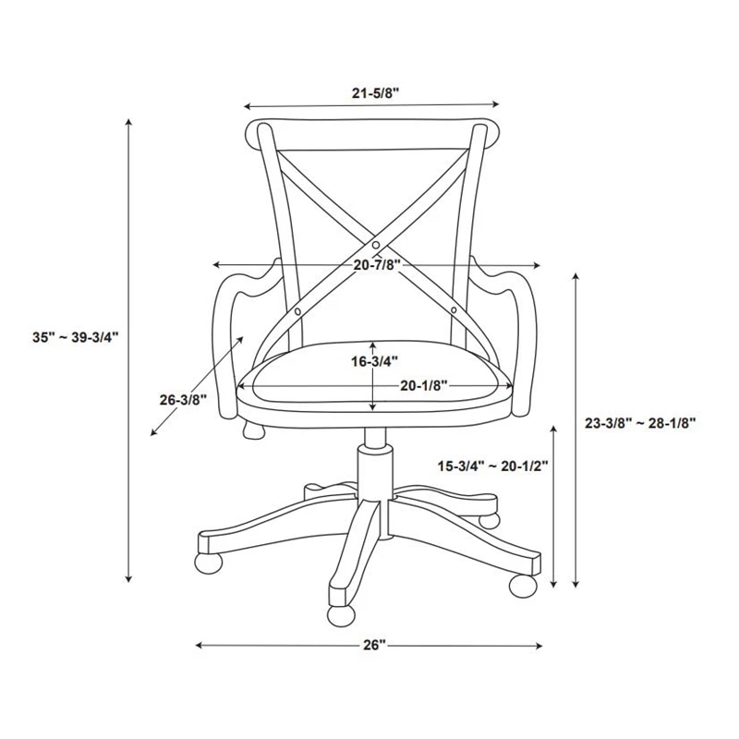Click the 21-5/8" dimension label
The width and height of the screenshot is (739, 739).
(x=376, y=93)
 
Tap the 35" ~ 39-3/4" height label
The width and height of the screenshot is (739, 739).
(x=76, y=337)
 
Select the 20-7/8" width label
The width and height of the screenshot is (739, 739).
(x=377, y=265)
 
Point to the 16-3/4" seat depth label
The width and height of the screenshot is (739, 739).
(x=375, y=361)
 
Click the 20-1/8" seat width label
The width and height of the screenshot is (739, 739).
(x=424, y=386)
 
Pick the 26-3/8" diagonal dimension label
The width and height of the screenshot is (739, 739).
(x=183, y=400)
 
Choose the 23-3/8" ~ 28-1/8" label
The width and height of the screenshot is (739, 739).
(x=640, y=423)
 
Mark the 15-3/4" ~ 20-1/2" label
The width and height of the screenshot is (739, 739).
(x=493, y=466)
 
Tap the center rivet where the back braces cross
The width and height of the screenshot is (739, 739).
(x=376, y=245)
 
